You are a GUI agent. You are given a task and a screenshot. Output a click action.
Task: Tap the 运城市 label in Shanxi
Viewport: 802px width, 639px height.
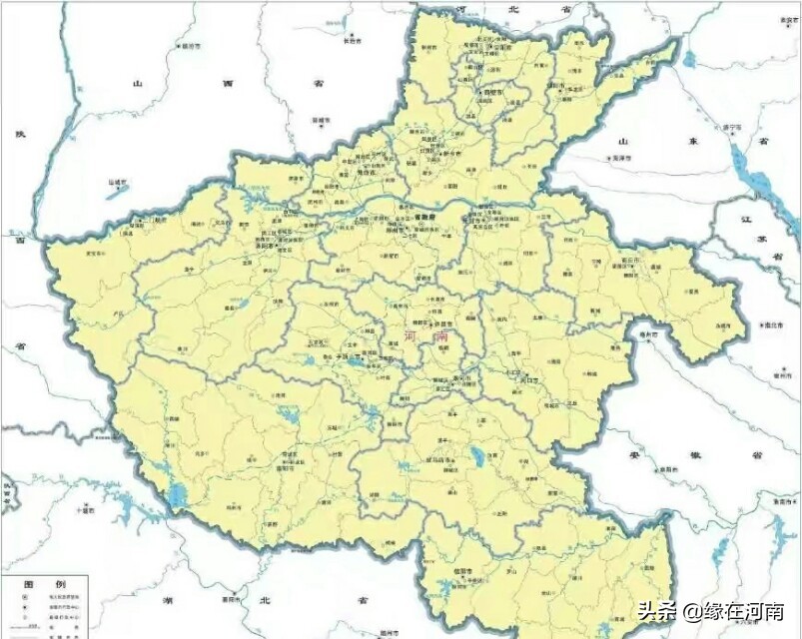(121, 183)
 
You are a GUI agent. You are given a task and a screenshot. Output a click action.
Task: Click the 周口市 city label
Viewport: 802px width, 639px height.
(529, 380)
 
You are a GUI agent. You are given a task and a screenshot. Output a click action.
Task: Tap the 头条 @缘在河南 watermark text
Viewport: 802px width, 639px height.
(710, 611)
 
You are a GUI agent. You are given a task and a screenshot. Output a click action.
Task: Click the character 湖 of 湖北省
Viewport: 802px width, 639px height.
(165, 602)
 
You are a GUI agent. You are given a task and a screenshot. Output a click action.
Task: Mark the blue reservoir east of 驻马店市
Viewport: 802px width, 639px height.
(477, 455)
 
